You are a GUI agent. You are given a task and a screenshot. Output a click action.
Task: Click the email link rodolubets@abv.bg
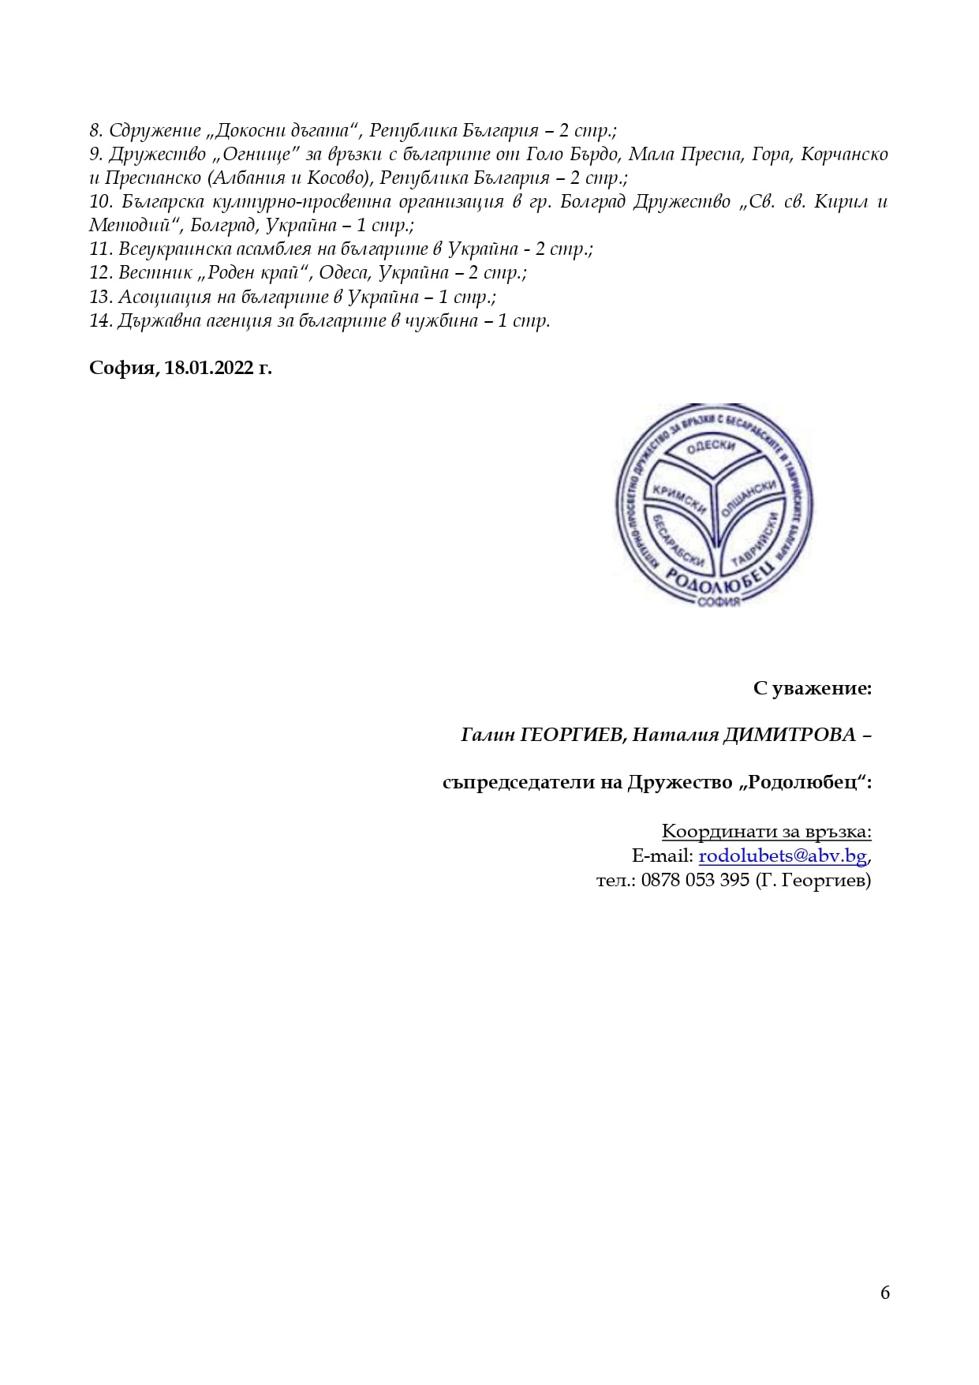click(x=783, y=855)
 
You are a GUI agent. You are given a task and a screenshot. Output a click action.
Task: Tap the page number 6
click(x=884, y=1292)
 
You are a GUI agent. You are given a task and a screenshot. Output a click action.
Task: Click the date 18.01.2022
click(x=208, y=368)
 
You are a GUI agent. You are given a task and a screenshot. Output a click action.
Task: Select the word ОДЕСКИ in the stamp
click(x=711, y=447)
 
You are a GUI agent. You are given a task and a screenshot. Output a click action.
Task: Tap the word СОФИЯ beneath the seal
click(x=719, y=602)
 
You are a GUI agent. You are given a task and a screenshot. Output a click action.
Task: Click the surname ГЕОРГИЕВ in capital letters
click(x=574, y=735)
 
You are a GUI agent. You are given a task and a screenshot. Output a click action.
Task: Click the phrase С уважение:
click(x=812, y=688)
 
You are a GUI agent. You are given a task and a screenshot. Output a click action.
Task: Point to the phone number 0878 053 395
click(x=694, y=880)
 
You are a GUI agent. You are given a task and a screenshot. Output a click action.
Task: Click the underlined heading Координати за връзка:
click(x=766, y=831)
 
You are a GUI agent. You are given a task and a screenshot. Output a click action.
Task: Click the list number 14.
click(x=100, y=320)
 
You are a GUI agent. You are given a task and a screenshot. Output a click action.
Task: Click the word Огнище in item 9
click(x=256, y=154)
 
